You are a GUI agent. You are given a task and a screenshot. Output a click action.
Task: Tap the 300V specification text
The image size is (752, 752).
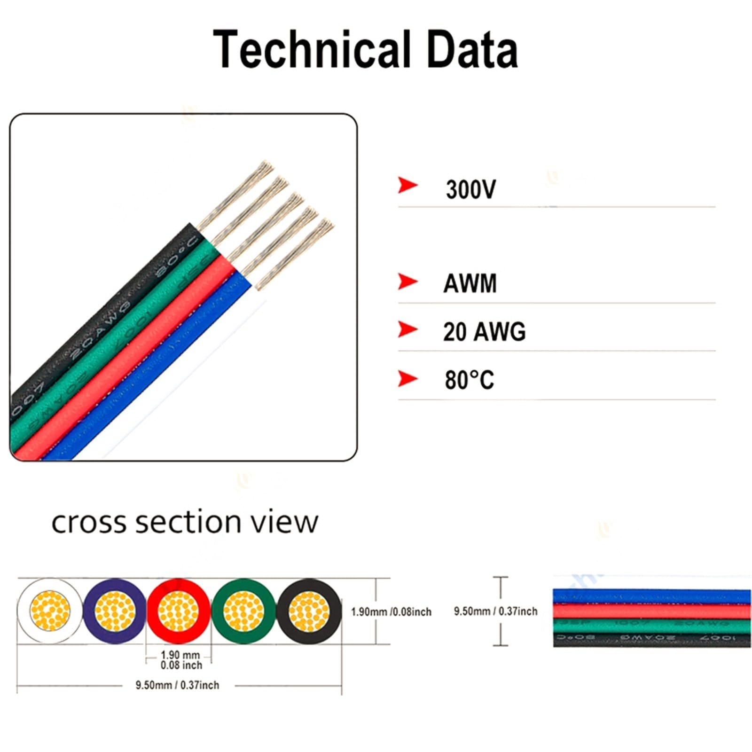point(470,190)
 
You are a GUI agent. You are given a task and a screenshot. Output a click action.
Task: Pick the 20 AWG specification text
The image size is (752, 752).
point(484,332)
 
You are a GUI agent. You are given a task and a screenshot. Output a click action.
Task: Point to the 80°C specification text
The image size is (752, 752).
point(470,380)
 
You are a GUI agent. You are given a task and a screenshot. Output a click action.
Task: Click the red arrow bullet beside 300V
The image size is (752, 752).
point(407,185)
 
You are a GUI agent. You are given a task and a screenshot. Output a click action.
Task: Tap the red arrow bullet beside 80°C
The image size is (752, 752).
point(407,378)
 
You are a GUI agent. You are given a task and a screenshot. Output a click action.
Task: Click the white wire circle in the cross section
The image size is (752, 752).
point(49,611)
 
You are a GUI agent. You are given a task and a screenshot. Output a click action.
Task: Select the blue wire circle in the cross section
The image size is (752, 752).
point(115,611)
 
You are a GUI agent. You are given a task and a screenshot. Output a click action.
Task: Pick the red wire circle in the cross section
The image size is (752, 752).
point(179,611)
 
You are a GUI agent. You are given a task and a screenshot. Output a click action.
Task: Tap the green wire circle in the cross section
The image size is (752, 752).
point(243,611)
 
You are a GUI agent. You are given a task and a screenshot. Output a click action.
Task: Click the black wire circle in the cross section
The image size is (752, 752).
point(309,611)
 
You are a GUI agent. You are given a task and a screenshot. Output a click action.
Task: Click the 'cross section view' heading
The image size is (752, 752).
point(185,522)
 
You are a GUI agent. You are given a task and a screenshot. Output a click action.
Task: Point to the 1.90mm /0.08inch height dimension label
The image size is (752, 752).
point(391,612)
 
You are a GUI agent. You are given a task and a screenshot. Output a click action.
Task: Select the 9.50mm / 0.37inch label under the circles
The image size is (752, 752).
point(177,685)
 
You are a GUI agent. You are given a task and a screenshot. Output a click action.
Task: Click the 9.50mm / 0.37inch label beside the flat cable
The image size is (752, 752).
point(495,611)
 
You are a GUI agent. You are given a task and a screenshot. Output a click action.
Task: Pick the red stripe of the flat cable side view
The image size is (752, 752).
point(651,611)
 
